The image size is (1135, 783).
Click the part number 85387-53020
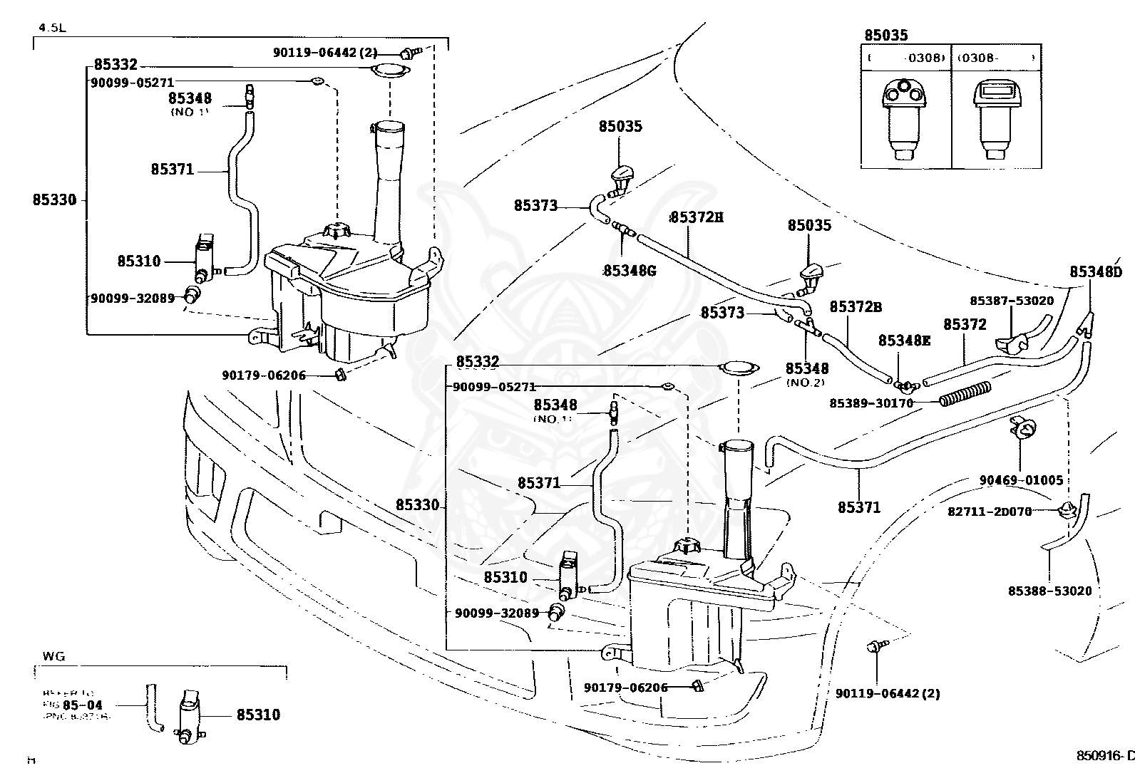coord(1011,301)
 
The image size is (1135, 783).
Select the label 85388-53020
coord(1049,591)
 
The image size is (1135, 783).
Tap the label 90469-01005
coord(1021,480)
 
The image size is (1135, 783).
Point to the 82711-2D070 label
coord(990,512)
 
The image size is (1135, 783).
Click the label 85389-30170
coord(871,403)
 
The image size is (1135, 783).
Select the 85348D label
coord(1095,271)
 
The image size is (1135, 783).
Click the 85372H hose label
coord(697,217)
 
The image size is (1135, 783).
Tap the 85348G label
coord(630,271)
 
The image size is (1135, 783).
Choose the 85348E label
coord(904,341)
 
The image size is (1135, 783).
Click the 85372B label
coord(856,306)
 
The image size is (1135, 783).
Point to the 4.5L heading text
coord(51,28)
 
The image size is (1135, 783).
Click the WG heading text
coord(53,656)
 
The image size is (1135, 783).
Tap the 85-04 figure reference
coord(83,705)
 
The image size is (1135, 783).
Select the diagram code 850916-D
coord(1104,755)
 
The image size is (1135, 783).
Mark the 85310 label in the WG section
coord(258,715)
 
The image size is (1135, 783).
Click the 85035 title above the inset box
coord(886,35)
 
